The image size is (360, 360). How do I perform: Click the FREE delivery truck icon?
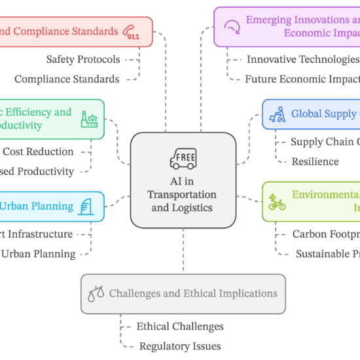coord(183,158)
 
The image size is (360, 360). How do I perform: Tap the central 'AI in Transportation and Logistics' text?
coord(183,195)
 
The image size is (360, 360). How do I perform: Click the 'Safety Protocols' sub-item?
coord(83,60)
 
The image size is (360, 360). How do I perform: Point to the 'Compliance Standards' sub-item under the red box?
coord(67,79)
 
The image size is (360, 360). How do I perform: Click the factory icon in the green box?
coord(88,119)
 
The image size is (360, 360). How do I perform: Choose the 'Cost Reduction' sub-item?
coord(38,152)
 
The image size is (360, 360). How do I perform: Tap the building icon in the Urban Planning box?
coord(86,207)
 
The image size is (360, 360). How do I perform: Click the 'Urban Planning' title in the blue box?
coord(36,207)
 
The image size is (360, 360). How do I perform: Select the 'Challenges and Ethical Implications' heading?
coord(192,294)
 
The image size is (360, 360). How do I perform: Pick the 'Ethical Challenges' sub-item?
coord(180,327)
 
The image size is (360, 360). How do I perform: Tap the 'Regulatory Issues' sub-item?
coord(179,346)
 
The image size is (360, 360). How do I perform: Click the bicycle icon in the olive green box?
coord(277,202)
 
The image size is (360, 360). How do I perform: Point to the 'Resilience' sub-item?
coord(315,162)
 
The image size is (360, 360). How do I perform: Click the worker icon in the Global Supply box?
coord(278,114)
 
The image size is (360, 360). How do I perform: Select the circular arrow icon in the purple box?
coord(232,27)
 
